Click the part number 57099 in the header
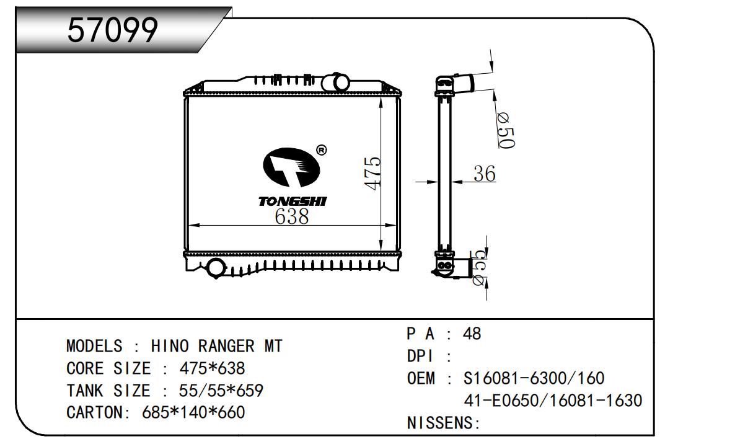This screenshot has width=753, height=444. (112, 29)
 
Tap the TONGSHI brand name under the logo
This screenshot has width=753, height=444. (292, 202)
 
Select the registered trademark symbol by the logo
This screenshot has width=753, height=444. (321, 149)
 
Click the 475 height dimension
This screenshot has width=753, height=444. (372, 174)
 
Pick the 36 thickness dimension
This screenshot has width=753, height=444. (484, 174)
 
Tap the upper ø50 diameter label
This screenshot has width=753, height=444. (505, 131)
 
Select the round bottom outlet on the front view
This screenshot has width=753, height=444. (216, 268)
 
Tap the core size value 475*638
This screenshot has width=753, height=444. (212, 368)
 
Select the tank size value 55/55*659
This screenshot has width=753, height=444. (221, 391)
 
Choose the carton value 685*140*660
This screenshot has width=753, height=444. (193, 412)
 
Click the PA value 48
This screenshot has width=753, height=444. (472, 334)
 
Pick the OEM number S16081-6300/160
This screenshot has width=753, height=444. (534, 378)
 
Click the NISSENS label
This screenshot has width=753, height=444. (443, 424)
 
